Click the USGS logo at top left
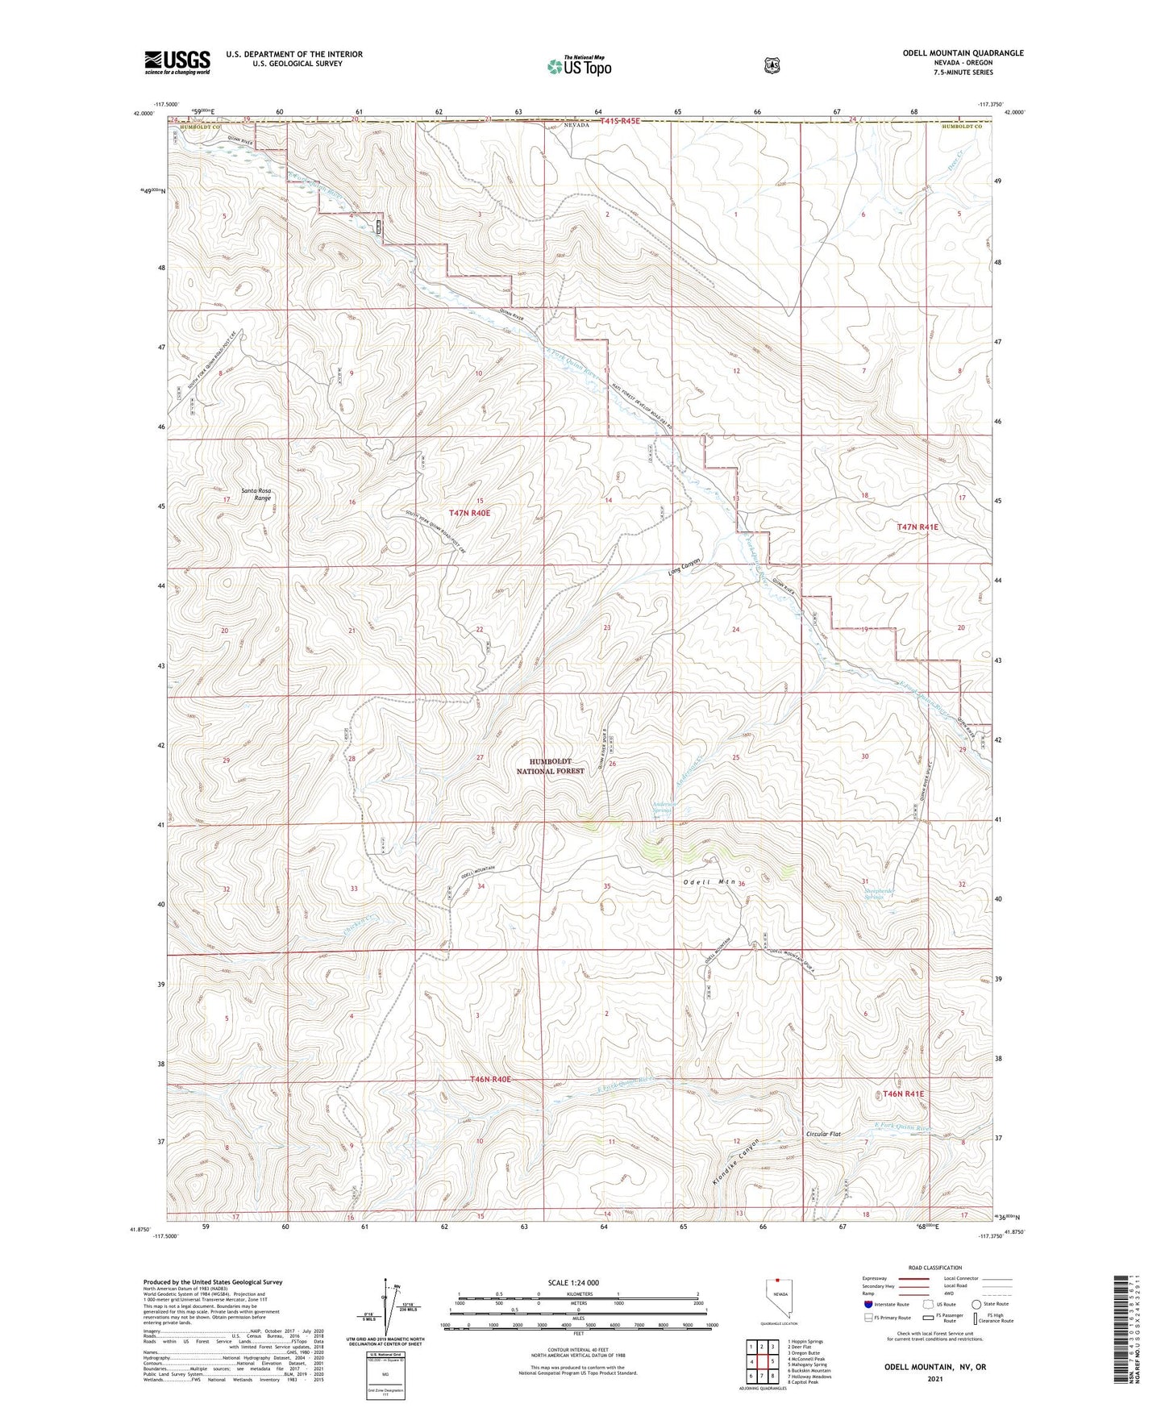[177, 62]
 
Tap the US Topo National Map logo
[578, 65]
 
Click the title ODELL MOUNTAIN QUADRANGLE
[963, 53]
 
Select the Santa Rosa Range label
[257, 494]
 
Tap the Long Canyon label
[684, 568]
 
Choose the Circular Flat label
[823, 1134]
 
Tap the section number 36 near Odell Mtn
[741, 884]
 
